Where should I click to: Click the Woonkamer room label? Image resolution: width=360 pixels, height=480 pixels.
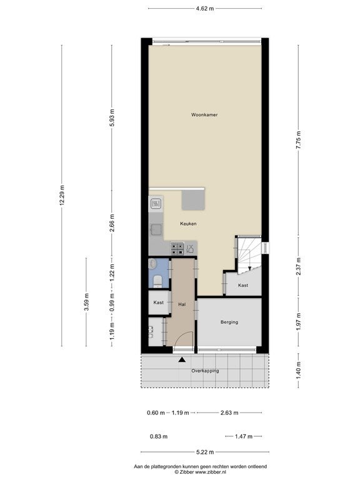(x=204, y=115)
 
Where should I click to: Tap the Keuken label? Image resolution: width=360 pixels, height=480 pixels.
(x=188, y=224)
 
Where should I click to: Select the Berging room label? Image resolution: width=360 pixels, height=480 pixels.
(x=229, y=322)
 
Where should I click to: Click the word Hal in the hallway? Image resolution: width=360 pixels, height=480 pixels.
(x=182, y=304)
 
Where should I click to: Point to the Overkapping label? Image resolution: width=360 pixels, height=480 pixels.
(x=205, y=371)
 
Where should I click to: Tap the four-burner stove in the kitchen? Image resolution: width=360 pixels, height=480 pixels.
(x=177, y=249)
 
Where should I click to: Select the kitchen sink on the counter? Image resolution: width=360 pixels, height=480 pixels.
(x=156, y=229)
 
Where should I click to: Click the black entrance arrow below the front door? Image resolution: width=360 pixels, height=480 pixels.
(x=182, y=360)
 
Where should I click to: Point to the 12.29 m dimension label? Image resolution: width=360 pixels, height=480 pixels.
(x=61, y=196)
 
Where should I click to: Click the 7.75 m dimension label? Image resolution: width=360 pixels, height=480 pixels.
(x=299, y=140)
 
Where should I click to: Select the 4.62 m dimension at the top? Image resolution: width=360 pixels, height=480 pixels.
(x=205, y=9)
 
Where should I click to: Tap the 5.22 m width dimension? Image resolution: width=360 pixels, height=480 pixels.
(x=205, y=452)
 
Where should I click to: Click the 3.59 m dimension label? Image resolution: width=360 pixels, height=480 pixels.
(x=86, y=302)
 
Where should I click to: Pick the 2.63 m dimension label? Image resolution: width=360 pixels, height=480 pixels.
(x=229, y=413)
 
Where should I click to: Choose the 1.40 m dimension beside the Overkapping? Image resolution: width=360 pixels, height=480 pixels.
(x=299, y=370)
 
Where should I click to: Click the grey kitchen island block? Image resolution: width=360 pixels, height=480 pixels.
(x=193, y=200)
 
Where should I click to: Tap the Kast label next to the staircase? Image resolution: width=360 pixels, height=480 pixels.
(x=243, y=285)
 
